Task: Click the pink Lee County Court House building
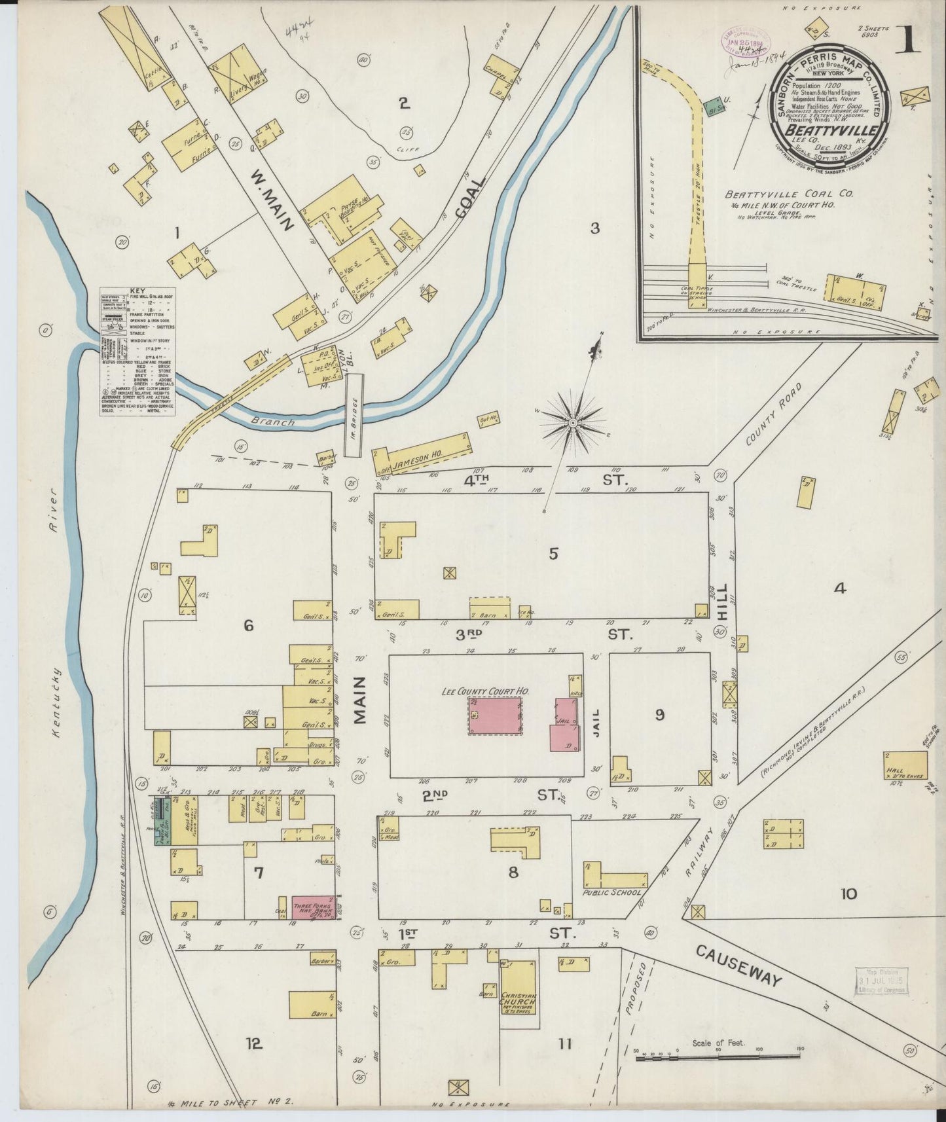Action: (x=496, y=716)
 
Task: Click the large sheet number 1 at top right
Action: (x=909, y=41)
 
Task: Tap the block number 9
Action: (x=660, y=715)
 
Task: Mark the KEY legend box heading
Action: (x=137, y=291)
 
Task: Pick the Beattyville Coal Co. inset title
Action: (x=779, y=194)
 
